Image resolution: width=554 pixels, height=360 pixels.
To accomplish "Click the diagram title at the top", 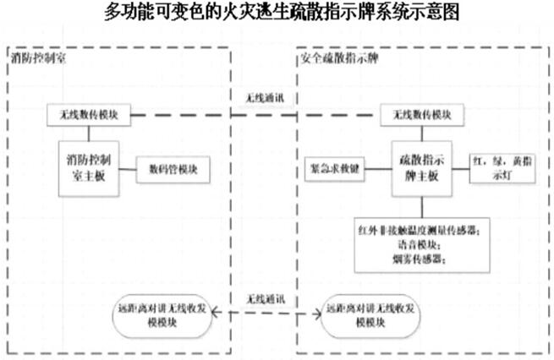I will pyautogui.click(x=277, y=14).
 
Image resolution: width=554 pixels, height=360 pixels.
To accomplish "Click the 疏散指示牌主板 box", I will pyautogui.click(x=420, y=165).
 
